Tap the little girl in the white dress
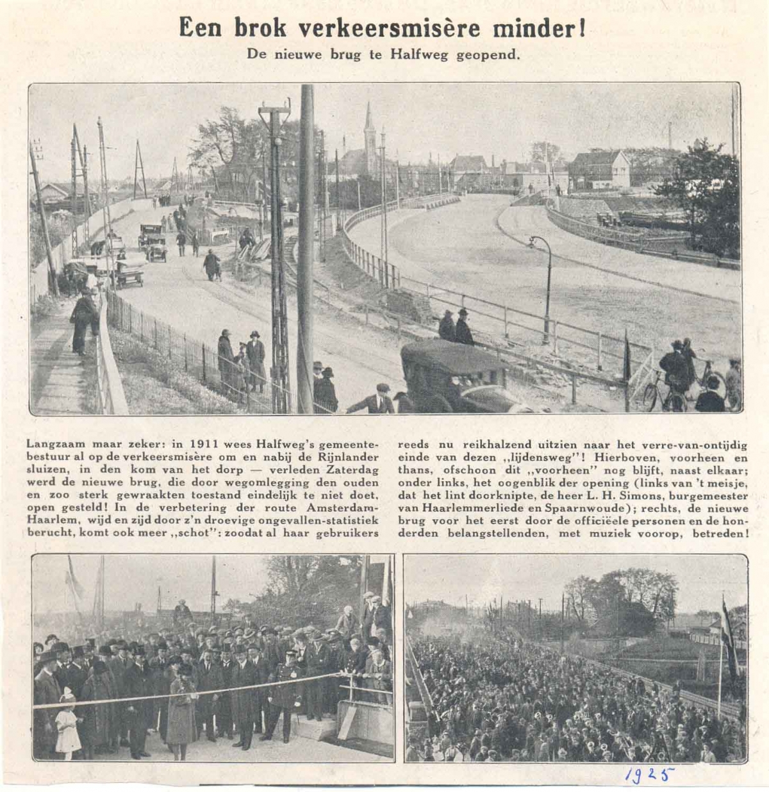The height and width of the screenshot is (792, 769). (67, 721)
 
